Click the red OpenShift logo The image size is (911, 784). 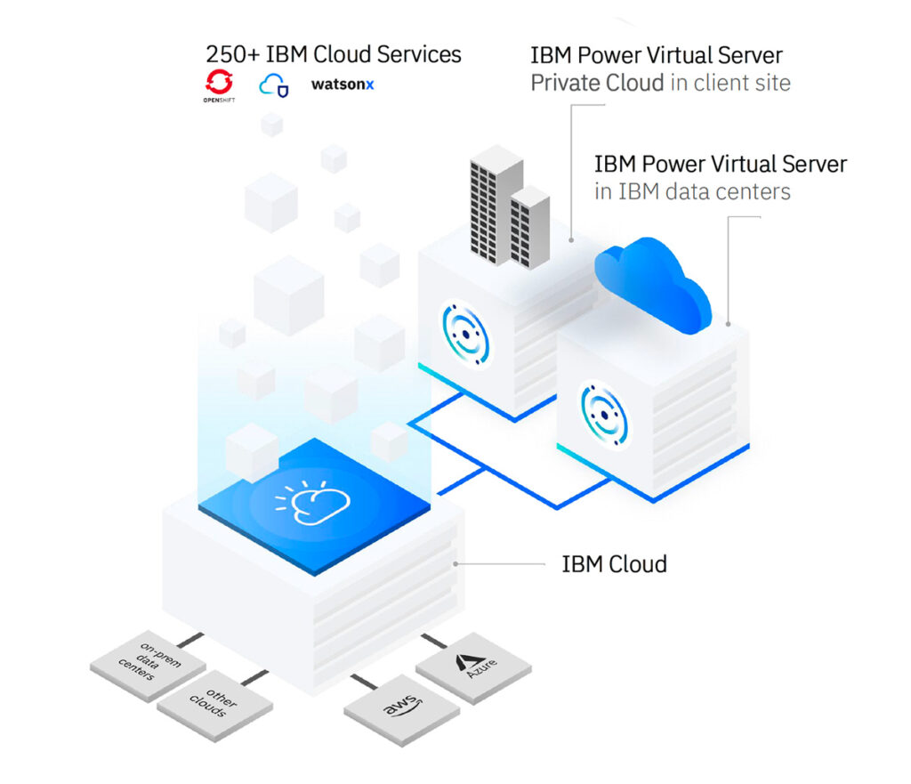218,85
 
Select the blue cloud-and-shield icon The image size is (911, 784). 273,85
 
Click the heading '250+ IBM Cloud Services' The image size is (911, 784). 334,54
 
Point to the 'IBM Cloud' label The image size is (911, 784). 614,563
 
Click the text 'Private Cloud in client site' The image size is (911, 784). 660,84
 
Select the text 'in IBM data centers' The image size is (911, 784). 692,191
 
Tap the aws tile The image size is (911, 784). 401,709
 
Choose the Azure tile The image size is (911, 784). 473,665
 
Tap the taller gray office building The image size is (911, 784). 495,205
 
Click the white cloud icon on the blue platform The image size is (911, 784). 304,503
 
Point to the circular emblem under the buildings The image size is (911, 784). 465,335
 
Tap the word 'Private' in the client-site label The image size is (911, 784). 563,84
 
